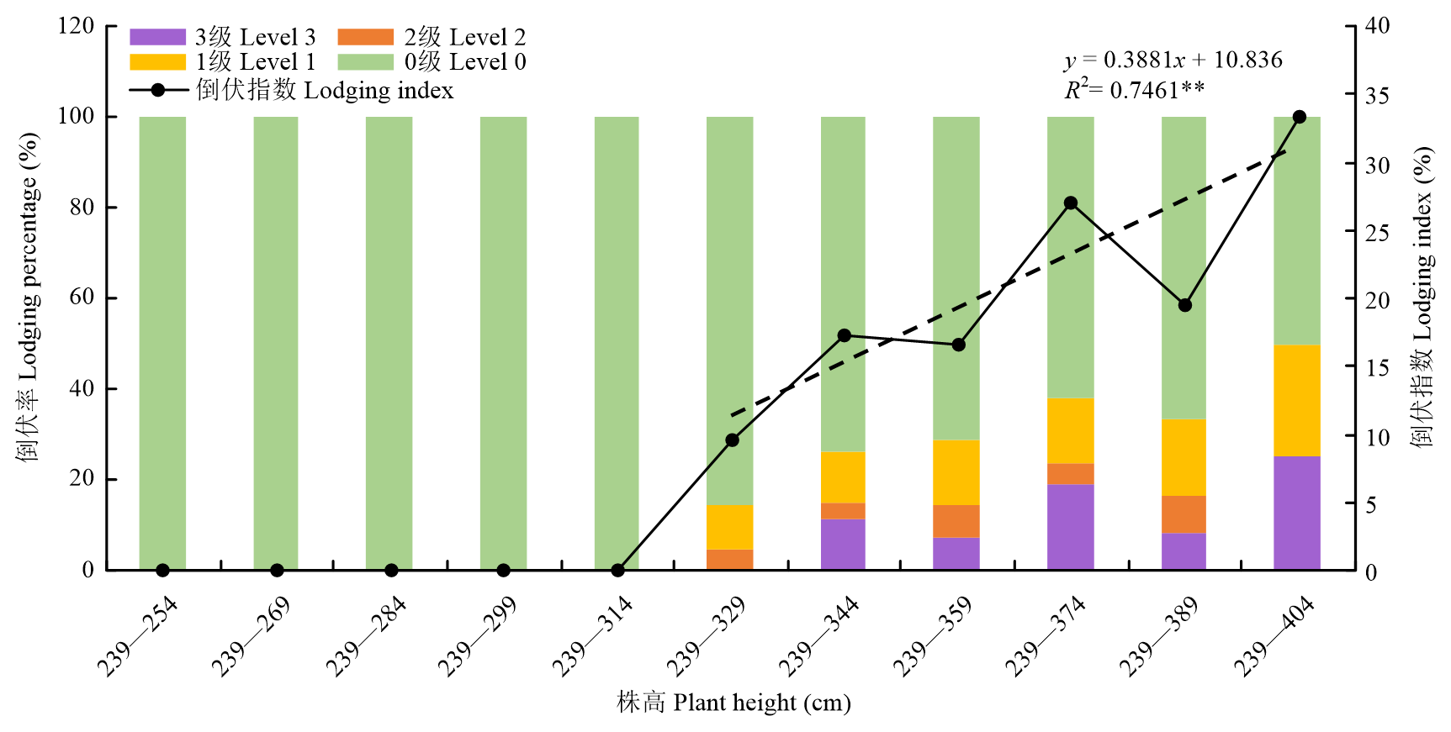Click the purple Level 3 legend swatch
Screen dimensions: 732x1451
click(x=157, y=37)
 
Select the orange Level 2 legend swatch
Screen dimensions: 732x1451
click(x=365, y=37)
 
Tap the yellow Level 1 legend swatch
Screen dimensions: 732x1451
click(x=157, y=62)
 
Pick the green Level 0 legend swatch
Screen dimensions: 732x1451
click(x=365, y=62)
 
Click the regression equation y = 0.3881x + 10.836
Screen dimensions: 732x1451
click(x=1173, y=60)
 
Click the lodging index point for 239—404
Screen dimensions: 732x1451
click(x=1299, y=117)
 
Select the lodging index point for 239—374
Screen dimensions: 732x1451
click(x=1071, y=203)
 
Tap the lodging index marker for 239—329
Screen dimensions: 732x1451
click(x=732, y=440)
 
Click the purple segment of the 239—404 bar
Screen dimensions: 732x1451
click(x=1297, y=513)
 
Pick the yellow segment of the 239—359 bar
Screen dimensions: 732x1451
click(x=956, y=472)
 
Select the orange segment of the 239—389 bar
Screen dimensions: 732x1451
click(x=1184, y=514)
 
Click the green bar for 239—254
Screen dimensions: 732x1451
click(x=162, y=336)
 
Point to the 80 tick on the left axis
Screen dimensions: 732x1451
click(x=82, y=207)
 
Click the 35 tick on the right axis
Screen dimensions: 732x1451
click(x=1377, y=96)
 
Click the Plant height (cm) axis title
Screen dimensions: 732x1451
click(x=733, y=703)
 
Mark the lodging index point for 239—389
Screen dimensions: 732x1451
click(x=1185, y=305)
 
